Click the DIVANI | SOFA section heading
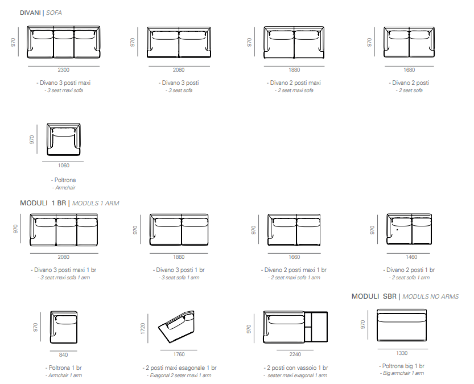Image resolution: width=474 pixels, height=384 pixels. click(x=41, y=13)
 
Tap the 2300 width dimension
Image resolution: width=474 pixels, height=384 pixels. click(x=64, y=70)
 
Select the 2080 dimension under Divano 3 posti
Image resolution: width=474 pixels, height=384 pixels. click(x=179, y=70)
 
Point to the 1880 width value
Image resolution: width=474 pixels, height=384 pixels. click(x=294, y=70)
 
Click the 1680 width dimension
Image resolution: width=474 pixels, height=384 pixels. click(x=409, y=70)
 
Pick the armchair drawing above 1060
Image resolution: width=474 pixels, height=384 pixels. click(x=64, y=139)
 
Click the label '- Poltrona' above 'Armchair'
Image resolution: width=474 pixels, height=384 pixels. click(x=64, y=180)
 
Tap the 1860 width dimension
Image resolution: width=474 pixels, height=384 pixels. click(x=179, y=257)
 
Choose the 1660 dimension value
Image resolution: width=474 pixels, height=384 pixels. click(x=294, y=257)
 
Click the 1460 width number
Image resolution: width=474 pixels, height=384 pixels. click(x=411, y=257)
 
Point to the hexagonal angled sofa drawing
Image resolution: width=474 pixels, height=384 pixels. click(x=176, y=327)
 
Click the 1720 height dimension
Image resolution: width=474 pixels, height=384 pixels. click(x=143, y=328)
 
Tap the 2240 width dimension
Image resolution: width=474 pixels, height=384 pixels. click(x=295, y=354)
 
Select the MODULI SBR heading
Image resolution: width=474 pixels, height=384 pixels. click(x=374, y=296)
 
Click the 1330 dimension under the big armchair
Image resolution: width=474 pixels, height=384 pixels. click(x=402, y=353)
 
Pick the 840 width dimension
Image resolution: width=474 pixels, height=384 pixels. click(x=64, y=355)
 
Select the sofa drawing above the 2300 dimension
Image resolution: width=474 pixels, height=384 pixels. click(x=64, y=42)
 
